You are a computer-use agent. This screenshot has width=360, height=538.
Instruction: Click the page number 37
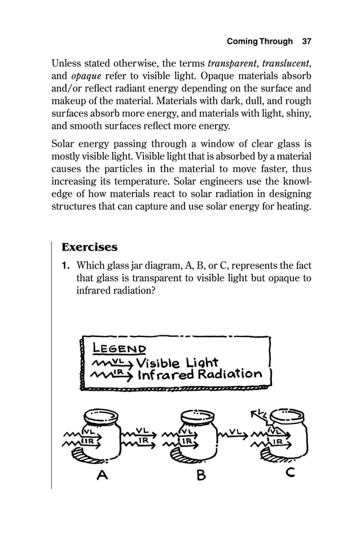point(307,41)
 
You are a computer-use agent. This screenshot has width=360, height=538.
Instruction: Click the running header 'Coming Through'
point(259,41)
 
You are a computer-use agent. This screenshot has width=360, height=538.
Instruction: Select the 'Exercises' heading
point(89,247)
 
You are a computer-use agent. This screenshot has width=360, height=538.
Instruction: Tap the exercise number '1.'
point(67,265)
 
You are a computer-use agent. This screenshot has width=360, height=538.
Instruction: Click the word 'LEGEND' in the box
point(115,349)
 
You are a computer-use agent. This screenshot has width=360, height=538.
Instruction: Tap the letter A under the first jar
point(102,475)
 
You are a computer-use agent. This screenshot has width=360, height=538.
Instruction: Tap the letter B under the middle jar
point(200,475)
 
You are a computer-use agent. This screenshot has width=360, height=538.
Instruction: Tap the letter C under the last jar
point(290,474)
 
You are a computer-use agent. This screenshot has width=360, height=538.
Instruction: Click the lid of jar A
point(102,416)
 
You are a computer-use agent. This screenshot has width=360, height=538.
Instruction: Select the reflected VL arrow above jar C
point(261,417)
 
